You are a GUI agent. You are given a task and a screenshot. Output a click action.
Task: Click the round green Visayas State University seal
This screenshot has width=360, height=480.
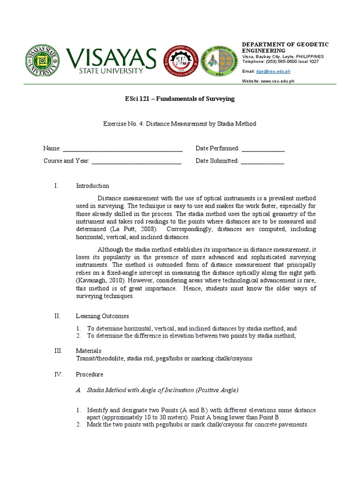coord(43,63)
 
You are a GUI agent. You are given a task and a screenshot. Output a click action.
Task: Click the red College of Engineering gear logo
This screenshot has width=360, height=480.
coord(180,63)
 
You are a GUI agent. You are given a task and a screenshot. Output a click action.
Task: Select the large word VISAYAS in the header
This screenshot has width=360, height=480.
coord(111,58)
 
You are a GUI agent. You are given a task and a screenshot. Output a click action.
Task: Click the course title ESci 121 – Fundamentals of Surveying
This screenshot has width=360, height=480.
coord(180,99)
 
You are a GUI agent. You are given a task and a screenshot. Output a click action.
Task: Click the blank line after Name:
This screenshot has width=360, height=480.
coord(122,149)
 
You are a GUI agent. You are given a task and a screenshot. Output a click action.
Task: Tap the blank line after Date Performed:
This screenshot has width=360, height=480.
coord(263,149)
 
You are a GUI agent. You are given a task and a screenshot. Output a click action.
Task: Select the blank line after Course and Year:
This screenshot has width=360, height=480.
coord(136,161)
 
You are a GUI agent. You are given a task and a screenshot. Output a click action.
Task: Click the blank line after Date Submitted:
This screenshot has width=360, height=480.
coord(262,161)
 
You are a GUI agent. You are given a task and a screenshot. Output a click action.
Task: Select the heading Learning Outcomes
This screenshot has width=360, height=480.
coord(102,316)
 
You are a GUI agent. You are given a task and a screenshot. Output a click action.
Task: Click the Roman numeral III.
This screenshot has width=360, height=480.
coord(57,351)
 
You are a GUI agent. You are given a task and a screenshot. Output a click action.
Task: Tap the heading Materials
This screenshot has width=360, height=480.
coord(89,351)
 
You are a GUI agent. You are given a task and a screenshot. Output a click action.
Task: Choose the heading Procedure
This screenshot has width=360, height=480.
coord(90,375)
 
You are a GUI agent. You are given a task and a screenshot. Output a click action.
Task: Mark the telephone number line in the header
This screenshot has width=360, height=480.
coord(280,61)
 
